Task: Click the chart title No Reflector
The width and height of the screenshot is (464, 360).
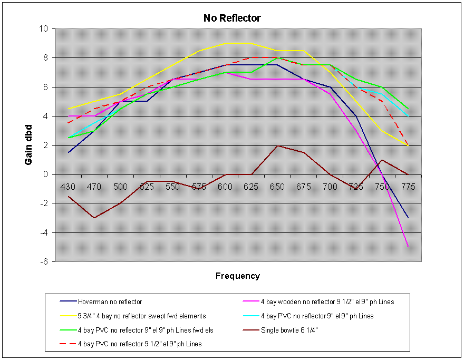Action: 232,18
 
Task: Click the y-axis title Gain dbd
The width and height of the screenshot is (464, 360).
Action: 29,145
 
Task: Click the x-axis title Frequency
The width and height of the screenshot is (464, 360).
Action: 237,276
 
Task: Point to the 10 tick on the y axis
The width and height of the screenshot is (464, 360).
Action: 45,28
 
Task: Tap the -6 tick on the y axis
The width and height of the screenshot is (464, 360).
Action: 45,261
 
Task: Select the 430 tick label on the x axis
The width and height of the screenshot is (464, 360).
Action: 68,187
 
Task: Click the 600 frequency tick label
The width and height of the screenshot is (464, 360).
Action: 225,187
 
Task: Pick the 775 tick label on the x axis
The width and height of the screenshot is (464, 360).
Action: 408,187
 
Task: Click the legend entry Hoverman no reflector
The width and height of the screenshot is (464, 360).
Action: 110,302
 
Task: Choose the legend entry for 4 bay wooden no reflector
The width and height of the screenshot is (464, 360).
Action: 327,302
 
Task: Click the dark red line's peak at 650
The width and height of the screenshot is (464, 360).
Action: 277,145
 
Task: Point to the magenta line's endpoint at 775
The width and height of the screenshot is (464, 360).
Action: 408,247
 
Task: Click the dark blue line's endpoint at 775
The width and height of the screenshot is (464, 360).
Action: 408,218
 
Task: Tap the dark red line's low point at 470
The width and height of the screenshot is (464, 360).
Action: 94,218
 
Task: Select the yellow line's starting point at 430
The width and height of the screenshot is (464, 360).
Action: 68,109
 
